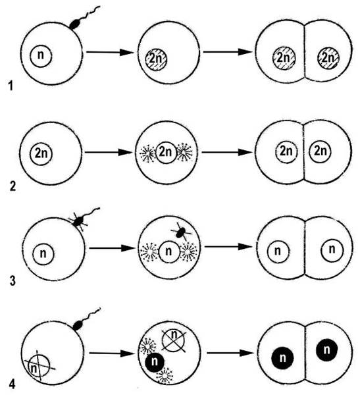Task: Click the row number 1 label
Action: pyautogui.click(x=11, y=86)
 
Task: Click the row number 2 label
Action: pyautogui.click(x=13, y=186)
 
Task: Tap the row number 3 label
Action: pyautogui.click(x=13, y=281)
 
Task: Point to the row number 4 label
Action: pyautogui.click(x=12, y=384)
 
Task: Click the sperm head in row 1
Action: pyautogui.click(x=75, y=24)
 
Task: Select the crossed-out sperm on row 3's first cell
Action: pyautogui.click(x=78, y=221)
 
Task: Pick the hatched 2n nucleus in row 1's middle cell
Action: pyautogui.click(x=156, y=60)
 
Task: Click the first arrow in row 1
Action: pyautogui.click(x=110, y=53)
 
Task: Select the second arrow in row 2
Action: pyautogui.click(x=227, y=152)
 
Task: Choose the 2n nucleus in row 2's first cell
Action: pyautogui.click(x=41, y=154)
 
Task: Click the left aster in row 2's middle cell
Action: pyautogui.click(x=147, y=153)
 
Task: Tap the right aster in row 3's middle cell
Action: pyautogui.click(x=189, y=251)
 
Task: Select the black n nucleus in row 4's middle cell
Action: pyautogui.click(x=155, y=361)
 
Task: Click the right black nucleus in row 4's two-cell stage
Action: pyautogui.click(x=326, y=350)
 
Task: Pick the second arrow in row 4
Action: pyautogui.click(x=229, y=353)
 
